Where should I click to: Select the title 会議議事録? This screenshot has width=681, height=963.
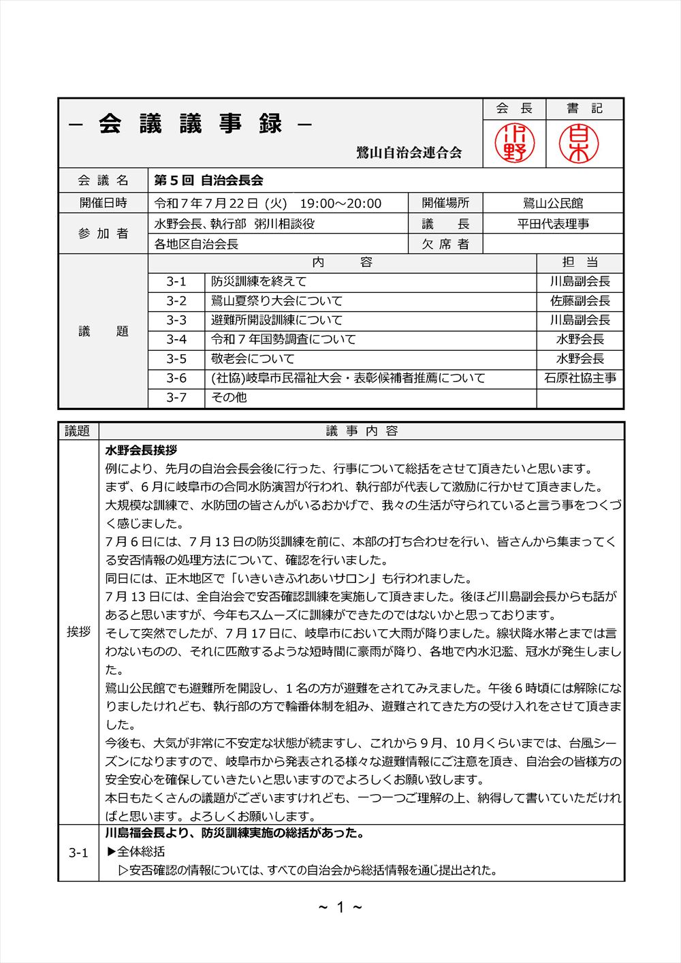point(191,125)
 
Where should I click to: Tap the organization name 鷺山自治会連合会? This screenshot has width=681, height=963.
point(409,153)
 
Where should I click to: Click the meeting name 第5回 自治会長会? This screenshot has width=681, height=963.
point(208,180)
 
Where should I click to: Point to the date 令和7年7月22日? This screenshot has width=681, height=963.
point(206,203)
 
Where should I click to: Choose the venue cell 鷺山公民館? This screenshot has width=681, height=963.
point(553,203)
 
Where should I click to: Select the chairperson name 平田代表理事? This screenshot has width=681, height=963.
point(553,223)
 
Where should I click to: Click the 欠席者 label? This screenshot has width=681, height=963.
point(445,244)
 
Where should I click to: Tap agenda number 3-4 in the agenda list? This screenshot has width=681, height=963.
point(176,339)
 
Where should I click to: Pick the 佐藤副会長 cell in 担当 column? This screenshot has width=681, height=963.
point(580,300)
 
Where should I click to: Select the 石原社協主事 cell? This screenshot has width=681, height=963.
point(580,378)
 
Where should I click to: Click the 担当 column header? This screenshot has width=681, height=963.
point(580,263)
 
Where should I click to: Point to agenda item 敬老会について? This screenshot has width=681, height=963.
point(253,358)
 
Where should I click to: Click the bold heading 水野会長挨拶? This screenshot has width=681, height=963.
point(142,450)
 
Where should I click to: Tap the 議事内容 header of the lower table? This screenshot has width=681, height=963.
point(362,430)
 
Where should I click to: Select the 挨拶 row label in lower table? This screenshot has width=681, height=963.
point(78,631)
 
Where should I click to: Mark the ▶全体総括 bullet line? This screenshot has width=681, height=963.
point(136,851)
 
